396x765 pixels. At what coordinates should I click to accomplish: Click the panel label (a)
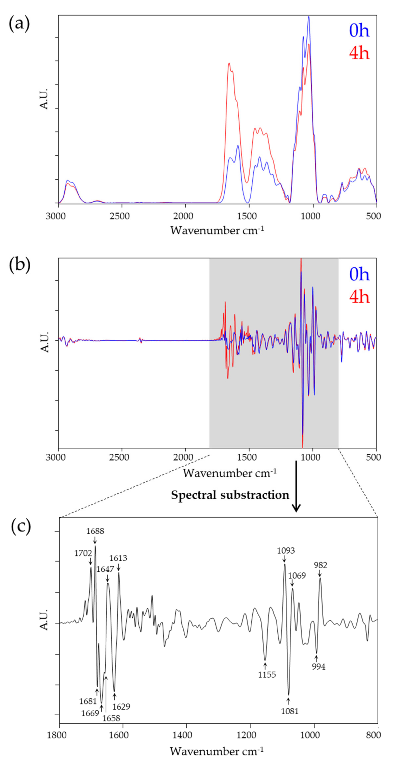point(19,24)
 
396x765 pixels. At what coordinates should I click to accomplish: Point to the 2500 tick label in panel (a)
point(119,216)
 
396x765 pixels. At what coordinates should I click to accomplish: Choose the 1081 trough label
point(290,711)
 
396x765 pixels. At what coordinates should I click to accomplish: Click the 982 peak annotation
point(321,565)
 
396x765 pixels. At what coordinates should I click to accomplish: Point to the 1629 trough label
point(121,706)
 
